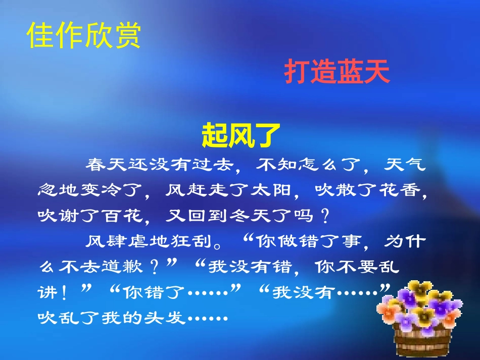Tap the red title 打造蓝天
tap(337, 72)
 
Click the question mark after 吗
tap(325, 216)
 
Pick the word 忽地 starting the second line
tap(54, 190)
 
